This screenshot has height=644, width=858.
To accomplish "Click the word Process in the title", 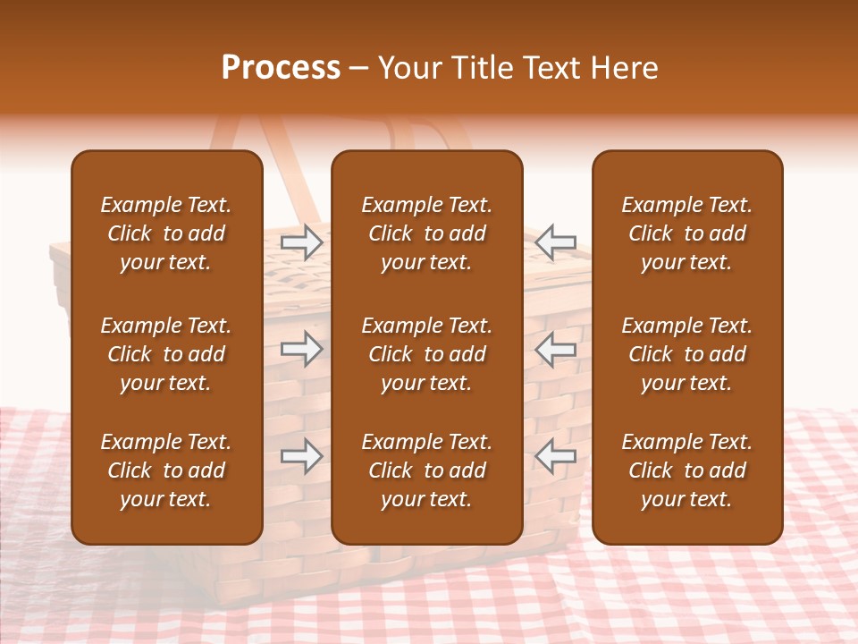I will pyautogui.click(x=281, y=68).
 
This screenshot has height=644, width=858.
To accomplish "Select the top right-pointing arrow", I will pyautogui.click(x=302, y=241).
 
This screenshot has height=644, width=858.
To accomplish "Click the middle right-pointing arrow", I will pyautogui.click(x=302, y=349).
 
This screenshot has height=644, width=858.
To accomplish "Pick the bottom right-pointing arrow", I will pyautogui.click(x=302, y=456).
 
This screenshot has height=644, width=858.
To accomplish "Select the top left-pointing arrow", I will pyautogui.click(x=556, y=241).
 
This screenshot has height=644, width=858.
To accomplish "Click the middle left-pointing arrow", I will pyautogui.click(x=556, y=349).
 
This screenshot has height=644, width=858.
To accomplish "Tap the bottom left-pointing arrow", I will pyautogui.click(x=556, y=456).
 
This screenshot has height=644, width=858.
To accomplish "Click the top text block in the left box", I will pyautogui.click(x=166, y=233).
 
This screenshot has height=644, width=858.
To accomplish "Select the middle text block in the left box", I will pyautogui.click(x=166, y=354).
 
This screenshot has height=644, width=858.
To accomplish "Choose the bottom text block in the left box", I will pyautogui.click(x=166, y=470).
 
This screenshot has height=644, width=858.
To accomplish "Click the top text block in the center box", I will pyautogui.click(x=426, y=233).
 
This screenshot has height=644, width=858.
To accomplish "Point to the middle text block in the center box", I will pyautogui.click(x=426, y=354).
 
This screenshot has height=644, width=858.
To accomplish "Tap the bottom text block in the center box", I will pyautogui.click(x=426, y=470).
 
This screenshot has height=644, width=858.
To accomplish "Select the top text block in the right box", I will pyautogui.click(x=686, y=233).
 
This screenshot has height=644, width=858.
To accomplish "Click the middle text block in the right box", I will pyautogui.click(x=686, y=354).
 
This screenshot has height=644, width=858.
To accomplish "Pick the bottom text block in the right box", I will pyautogui.click(x=686, y=470).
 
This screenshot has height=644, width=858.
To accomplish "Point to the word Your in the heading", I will pyautogui.click(x=407, y=68).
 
